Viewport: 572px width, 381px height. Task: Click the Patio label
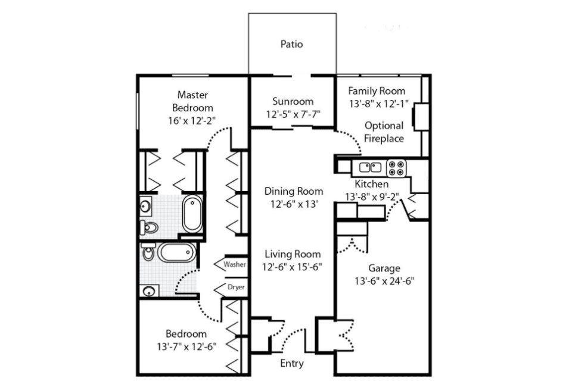[291, 44]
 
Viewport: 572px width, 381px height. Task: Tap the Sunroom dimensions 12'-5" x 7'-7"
[293, 114]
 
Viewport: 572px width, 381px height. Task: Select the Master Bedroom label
[192, 101]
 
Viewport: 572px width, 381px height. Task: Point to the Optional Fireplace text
[384, 132]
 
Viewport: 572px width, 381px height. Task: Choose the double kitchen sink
[370, 167]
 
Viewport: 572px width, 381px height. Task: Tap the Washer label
[235, 264]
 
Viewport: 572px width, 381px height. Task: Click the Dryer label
[236, 287]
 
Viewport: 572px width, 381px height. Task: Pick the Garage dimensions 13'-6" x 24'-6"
[384, 281]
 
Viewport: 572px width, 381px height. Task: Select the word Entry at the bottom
[292, 364]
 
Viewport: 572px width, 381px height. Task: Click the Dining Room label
[294, 191]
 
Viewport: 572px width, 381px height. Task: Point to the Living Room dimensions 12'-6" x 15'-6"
[292, 267]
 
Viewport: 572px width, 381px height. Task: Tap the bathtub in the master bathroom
[192, 214]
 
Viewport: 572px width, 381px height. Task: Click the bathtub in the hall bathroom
[176, 252]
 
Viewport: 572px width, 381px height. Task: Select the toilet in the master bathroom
[149, 228]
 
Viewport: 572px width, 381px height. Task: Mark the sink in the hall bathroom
[149, 291]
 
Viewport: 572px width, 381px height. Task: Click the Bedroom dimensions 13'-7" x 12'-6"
[186, 346]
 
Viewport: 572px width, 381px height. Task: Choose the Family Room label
[377, 90]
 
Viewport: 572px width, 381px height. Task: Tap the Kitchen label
[371, 184]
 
